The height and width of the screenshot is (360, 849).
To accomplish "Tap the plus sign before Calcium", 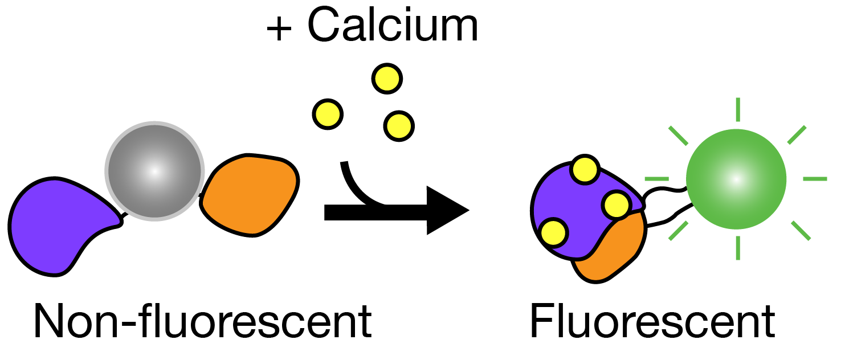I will [x=280, y=28].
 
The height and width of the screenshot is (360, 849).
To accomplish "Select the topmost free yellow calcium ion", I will [x=387, y=78].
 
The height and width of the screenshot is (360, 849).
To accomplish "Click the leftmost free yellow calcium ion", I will [x=328, y=114].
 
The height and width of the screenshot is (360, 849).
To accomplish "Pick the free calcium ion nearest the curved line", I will [x=398, y=125].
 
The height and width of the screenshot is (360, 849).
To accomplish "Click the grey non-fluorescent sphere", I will [x=154, y=171].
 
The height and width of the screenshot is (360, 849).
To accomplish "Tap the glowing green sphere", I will [x=736, y=179].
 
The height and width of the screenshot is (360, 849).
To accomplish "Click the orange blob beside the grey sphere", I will [x=251, y=194].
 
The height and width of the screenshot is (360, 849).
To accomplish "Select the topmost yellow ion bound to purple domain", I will [x=585, y=169].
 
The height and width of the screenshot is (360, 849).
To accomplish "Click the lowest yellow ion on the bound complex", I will [x=554, y=232].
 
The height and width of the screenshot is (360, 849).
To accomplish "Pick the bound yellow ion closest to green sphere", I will [x=616, y=205].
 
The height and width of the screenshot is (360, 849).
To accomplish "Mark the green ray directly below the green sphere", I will [x=738, y=248].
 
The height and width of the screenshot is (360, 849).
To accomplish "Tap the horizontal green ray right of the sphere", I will [x=815, y=179].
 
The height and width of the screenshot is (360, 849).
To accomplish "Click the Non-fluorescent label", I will [x=202, y=322].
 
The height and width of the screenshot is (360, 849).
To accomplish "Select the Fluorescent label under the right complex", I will [x=652, y=322].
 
